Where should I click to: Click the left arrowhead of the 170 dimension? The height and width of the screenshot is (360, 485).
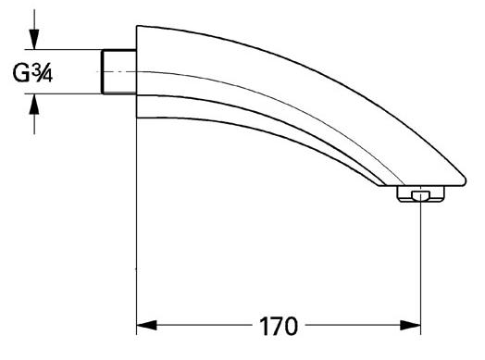point(148,327)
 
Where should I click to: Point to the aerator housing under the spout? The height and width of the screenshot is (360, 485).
point(419,194)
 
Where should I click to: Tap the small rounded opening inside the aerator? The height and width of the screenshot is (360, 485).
point(421,195)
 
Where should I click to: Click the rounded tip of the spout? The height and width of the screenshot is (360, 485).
point(459,175)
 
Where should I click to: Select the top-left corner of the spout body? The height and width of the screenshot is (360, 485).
point(139,27)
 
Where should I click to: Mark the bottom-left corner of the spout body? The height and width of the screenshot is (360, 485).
point(139,118)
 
